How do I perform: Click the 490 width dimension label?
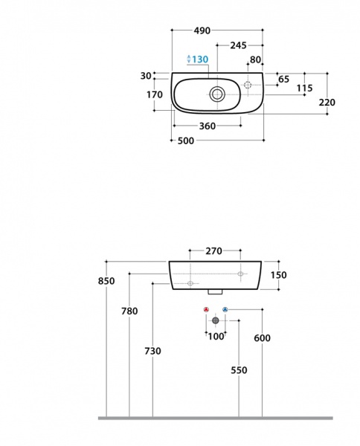coord(202,30)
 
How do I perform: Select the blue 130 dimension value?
coord(200,59)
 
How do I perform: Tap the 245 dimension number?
coord(238,45)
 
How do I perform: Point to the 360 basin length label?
coord(208,126)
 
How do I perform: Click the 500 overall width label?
coord(186,140)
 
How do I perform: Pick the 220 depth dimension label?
coord(327,102)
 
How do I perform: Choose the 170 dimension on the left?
coord(155,94)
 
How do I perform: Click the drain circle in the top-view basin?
coord(217,94)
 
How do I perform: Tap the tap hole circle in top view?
coord(248,85)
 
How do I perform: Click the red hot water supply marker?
coord(206,309)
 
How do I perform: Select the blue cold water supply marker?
coord(225,309)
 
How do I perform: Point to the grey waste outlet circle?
coord(216,320)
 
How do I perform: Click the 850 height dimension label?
coord(106,281)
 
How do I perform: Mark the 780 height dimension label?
coord(129,311)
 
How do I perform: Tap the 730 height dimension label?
coord(152,352)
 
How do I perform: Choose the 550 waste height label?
coord(239,370)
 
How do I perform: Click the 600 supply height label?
coord(262,338)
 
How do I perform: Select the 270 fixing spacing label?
coord(213,251)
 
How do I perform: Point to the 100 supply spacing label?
coord(216,337)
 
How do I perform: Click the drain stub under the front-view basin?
coord(215,292)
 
